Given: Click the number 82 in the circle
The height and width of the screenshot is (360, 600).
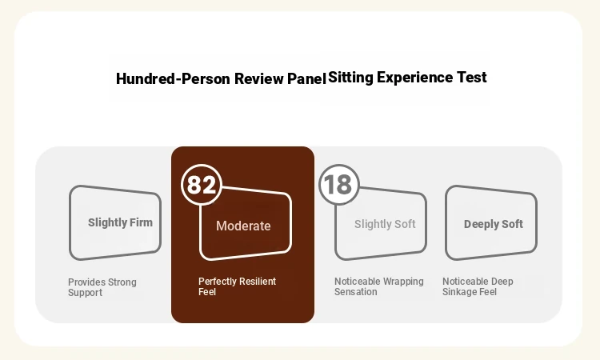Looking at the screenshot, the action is tap(202, 185).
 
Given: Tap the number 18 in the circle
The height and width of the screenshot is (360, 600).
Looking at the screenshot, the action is tap(338, 185).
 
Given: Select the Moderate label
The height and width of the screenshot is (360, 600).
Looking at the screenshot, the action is tap(243, 226).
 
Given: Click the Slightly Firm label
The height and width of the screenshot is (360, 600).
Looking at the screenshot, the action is tap(120, 222).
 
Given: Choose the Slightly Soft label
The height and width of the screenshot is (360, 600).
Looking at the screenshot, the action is tap(385, 224).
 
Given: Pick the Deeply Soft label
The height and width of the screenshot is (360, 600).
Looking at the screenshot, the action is tap(494, 224).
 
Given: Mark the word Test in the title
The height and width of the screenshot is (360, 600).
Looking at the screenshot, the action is tap(472, 78).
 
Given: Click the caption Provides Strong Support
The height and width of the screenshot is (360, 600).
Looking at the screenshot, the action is tap(102, 287).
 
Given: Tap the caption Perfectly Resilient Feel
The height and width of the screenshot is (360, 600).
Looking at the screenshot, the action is tap(238, 286).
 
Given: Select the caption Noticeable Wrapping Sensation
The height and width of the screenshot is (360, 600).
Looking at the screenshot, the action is tap(379, 286).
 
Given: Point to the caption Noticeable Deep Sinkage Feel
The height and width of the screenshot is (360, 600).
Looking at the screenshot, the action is tap(478, 286).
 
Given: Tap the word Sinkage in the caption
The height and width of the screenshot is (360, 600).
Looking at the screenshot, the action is tap(458, 292).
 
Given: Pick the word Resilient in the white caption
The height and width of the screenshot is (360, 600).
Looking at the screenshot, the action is tap(257, 282).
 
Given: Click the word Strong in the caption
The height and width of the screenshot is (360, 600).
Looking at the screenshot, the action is tap(122, 282).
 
